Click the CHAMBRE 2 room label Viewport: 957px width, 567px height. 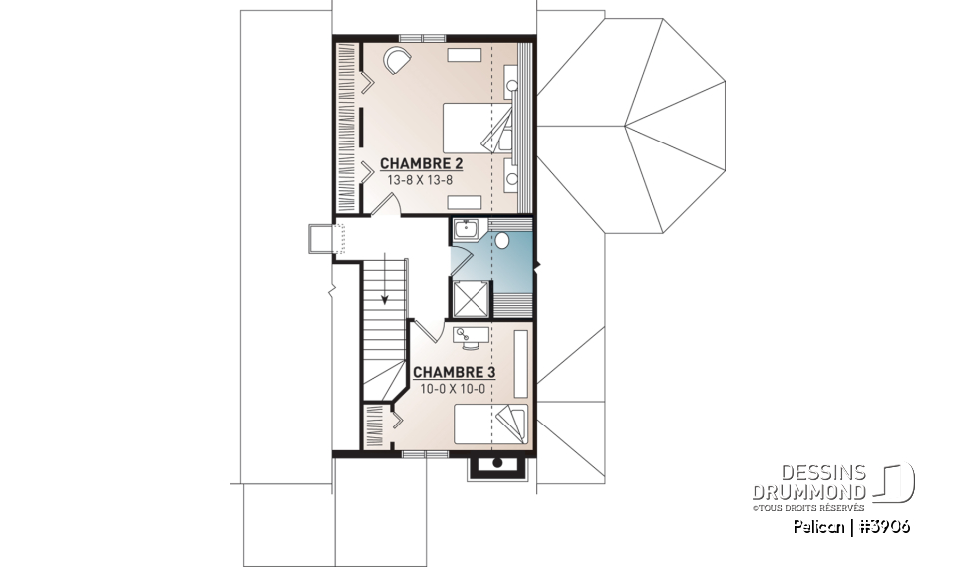pyautogui.click(x=420, y=164)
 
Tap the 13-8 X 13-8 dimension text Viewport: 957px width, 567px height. pyautogui.click(x=420, y=181)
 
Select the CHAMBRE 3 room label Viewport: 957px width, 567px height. pyautogui.click(x=455, y=372)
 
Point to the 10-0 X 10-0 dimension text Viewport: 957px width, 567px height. pyautogui.click(x=455, y=388)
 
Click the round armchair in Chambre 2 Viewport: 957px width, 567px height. pyautogui.click(x=396, y=59)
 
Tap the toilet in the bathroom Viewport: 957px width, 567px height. pyautogui.click(x=503, y=240)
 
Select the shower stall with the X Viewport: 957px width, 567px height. pyautogui.click(x=471, y=297)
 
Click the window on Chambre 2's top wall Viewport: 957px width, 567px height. pyautogui.click(x=422, y=38)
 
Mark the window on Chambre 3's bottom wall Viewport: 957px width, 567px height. pyautogui.click(x=425, y=454)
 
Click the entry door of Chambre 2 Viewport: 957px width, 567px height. pyautogui.click(x=392, y=205)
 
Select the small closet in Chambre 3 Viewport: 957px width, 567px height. pyautogui.click(x=373, y=425)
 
